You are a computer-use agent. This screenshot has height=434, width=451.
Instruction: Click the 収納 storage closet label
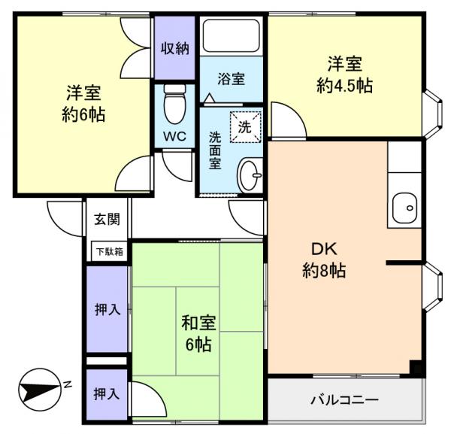click(175, 47)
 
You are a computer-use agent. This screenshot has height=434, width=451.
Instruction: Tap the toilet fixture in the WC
click(174, 105)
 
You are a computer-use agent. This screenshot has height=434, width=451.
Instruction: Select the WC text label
click(175, 137)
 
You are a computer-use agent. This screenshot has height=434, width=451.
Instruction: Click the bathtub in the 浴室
click(232, 35)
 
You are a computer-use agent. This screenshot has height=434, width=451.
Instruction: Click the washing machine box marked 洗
click(246, 125)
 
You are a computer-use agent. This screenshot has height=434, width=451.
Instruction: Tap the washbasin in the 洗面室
click(250, 177)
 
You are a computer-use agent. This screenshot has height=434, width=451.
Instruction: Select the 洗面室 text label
click(215, 150)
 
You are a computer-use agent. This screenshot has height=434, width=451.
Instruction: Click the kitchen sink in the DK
click(405, 205)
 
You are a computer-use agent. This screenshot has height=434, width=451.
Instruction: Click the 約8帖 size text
click(323, 272)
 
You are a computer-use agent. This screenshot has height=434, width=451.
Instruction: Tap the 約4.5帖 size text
click(344, 85)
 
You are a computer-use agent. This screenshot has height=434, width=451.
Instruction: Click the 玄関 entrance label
click(106, 220)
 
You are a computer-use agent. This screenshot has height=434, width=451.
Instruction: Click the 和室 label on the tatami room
click(198, 323)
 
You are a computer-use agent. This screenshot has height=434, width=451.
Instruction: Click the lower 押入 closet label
click(106, 393)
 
